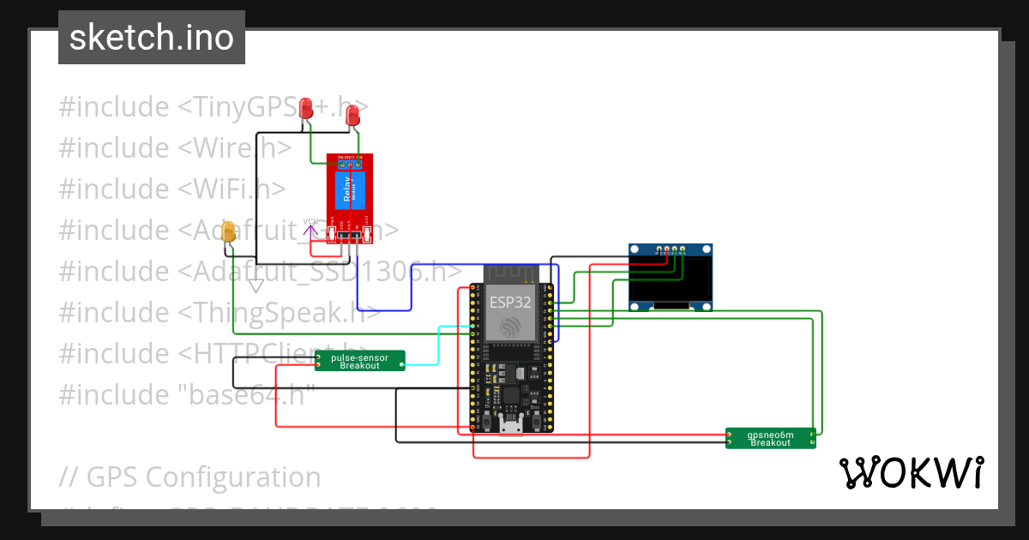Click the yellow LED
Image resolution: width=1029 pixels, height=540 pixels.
[228, 231]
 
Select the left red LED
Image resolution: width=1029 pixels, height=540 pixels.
[306, 108]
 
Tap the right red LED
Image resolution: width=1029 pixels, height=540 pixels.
[352, 116]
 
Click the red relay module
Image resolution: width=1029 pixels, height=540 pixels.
[349, 198]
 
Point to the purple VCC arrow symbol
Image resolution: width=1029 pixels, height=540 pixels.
[310, 227]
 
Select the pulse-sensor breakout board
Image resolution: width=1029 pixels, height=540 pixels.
[359, 361]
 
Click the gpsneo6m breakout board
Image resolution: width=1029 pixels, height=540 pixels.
[770, 438]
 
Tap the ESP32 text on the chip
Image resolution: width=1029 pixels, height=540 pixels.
[510, 303]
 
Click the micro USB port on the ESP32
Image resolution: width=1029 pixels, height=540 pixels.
[512, 424]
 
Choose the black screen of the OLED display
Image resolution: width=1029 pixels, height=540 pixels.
[671, 279]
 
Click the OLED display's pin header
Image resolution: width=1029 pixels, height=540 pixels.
[670, 251]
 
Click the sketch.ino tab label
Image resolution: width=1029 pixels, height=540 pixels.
[152, 38]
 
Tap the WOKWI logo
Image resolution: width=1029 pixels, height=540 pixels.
[911, 472]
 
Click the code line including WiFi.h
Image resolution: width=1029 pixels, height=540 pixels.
[171, 189]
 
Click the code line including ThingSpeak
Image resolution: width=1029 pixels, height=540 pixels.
[220, 313]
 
